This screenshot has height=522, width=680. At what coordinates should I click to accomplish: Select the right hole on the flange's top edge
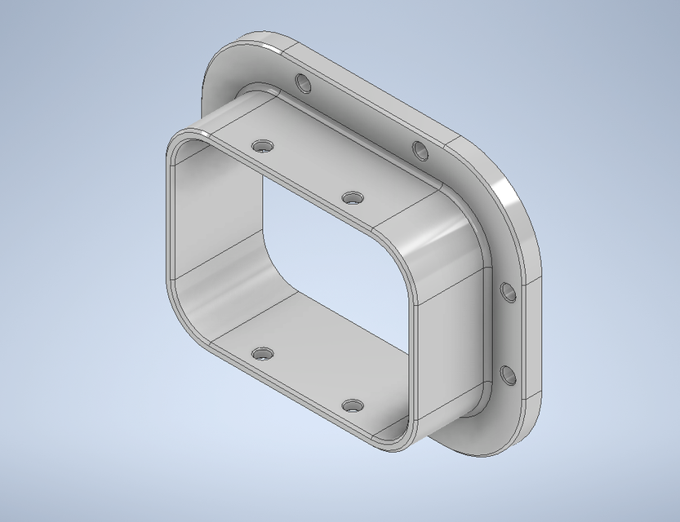pyautogui.click(x=420, y=150)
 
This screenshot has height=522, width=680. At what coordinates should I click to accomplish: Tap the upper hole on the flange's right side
pyautogui.click(x=507, y=291)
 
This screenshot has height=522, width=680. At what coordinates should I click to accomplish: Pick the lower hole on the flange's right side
pyautogui.click(x=507, y=376)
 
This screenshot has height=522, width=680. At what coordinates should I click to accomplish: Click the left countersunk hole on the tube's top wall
pyautogui.click(x=262, y=146)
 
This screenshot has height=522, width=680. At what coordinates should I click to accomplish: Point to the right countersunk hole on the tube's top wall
pyautogui.click(x=353, y=198)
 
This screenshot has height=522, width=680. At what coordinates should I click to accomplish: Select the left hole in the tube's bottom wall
pyautogui.click(x=262, y=355)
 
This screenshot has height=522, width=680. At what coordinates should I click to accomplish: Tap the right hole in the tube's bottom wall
pyautogui.click(x=353, y=405)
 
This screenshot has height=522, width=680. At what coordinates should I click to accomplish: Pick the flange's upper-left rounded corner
pyautogui.click(x=219, y=61)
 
